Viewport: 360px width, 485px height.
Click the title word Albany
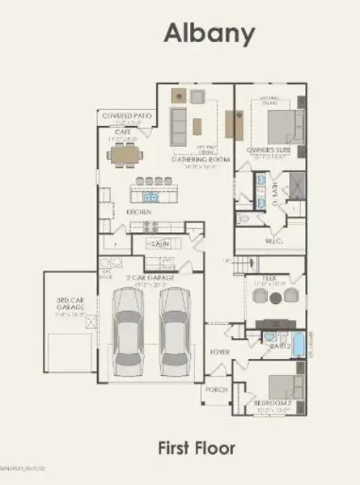210,33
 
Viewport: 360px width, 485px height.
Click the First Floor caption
197,447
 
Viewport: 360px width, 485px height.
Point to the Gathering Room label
201,159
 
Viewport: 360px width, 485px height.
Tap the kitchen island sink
150,196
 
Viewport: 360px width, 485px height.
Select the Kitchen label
138,212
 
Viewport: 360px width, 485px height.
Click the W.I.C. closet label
273,240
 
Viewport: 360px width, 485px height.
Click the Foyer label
220,352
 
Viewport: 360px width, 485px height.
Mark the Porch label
216,389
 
